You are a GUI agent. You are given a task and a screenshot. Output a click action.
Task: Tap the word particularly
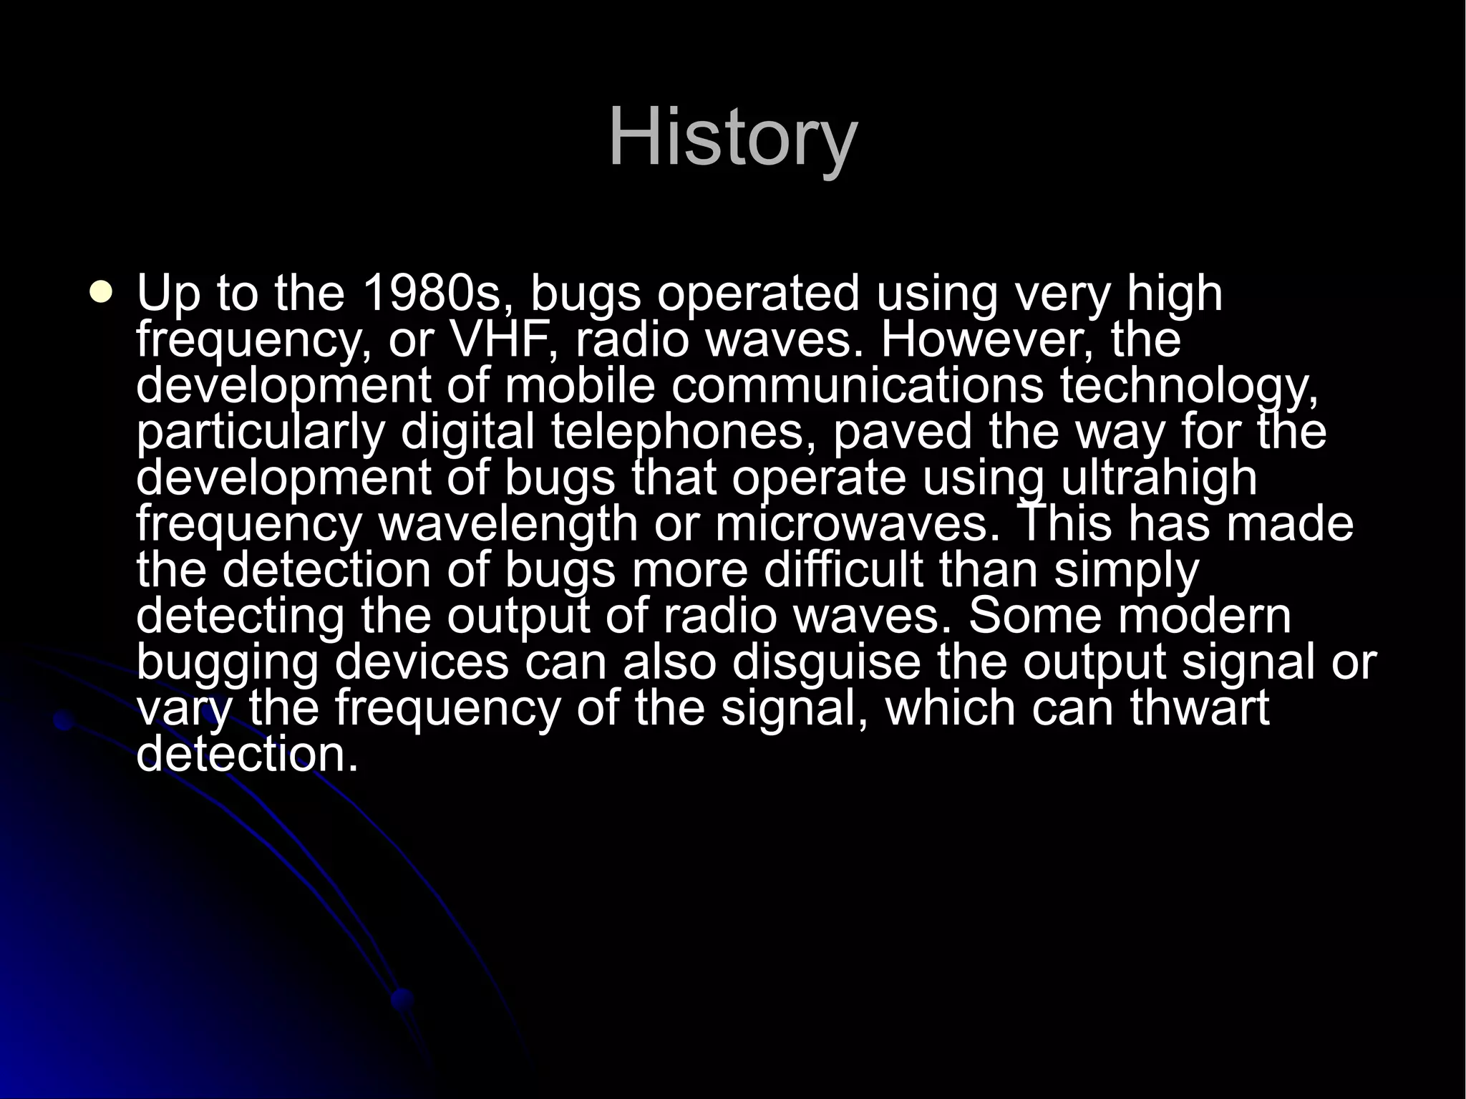(261, 432)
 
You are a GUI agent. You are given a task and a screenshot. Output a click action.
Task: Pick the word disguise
(825, 663)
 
